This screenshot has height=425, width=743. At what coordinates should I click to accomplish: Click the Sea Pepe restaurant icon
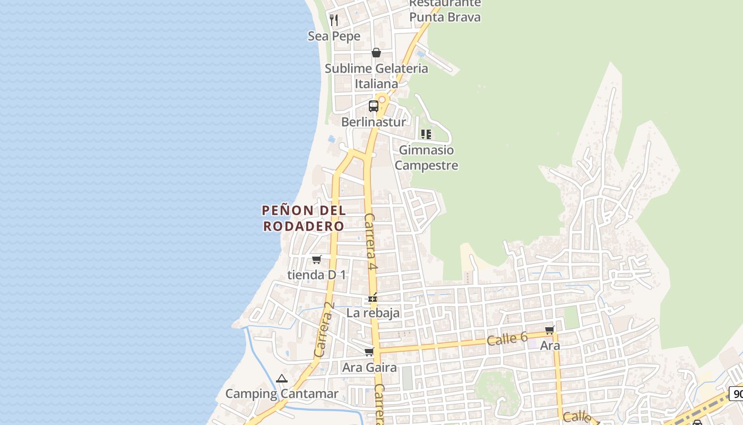(334, 20)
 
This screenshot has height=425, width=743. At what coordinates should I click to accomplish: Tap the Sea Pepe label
(334, 36)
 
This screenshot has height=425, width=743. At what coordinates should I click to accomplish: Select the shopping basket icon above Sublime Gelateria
(376, 53)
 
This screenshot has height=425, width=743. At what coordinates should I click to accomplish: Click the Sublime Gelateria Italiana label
(376, 76)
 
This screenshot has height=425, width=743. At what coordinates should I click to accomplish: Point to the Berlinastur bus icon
(374, 106)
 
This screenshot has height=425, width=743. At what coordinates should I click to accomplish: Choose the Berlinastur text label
(374, 122)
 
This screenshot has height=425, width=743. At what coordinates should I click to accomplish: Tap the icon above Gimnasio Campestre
(426, 134)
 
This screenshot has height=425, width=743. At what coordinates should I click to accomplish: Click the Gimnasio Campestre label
(426, 157)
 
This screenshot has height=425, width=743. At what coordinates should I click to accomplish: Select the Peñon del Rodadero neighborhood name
(304, 218)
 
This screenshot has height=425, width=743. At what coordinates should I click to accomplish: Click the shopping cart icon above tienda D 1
(317, 259)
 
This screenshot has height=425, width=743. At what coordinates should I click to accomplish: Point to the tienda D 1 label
(317, 275)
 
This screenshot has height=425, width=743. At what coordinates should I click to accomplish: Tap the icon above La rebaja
(373, 297)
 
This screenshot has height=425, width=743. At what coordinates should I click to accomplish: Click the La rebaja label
(373, 313)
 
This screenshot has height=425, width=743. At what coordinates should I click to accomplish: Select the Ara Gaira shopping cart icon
(369, 352)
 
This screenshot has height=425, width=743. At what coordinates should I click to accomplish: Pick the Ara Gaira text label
(369, 367)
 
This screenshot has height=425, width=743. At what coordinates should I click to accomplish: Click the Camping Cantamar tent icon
(282, 378)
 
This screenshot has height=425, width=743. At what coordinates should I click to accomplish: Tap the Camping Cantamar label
(282, 394)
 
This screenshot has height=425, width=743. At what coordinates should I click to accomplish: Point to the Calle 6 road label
(507, 338)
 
